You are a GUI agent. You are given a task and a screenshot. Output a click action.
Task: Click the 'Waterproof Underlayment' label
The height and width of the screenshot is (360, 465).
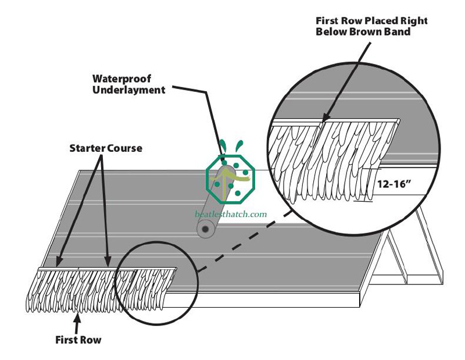129,84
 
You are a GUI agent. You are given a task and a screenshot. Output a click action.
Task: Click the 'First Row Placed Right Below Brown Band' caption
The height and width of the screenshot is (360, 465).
371,26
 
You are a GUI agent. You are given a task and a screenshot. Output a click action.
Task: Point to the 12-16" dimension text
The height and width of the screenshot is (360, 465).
395,182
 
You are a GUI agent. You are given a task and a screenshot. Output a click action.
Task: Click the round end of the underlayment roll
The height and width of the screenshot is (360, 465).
205,231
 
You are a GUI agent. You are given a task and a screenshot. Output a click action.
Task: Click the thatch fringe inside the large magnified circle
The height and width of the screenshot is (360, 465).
325,157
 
